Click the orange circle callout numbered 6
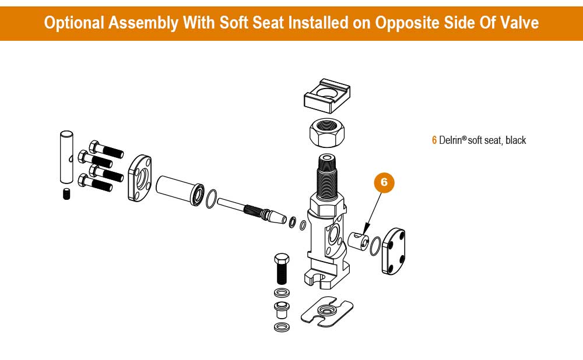point(384,182)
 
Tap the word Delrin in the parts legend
point(451,140)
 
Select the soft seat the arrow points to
point(359,240)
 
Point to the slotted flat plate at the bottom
point(327,312)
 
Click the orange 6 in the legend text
point(434,140)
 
